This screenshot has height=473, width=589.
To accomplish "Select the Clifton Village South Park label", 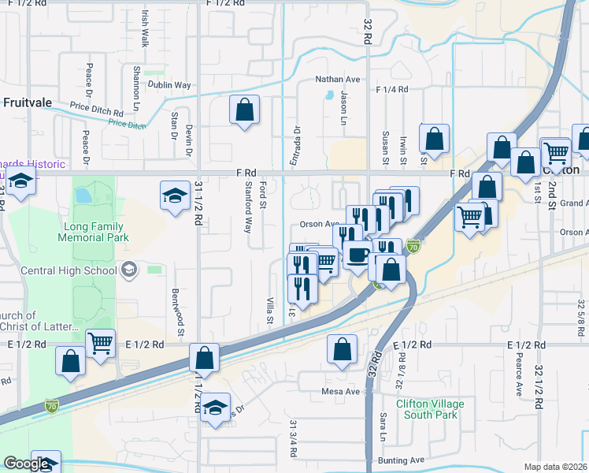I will pos(430,409).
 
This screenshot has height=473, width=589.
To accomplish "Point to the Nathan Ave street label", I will pos(337,80).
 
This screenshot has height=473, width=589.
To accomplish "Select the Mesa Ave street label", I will pos(340,391).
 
